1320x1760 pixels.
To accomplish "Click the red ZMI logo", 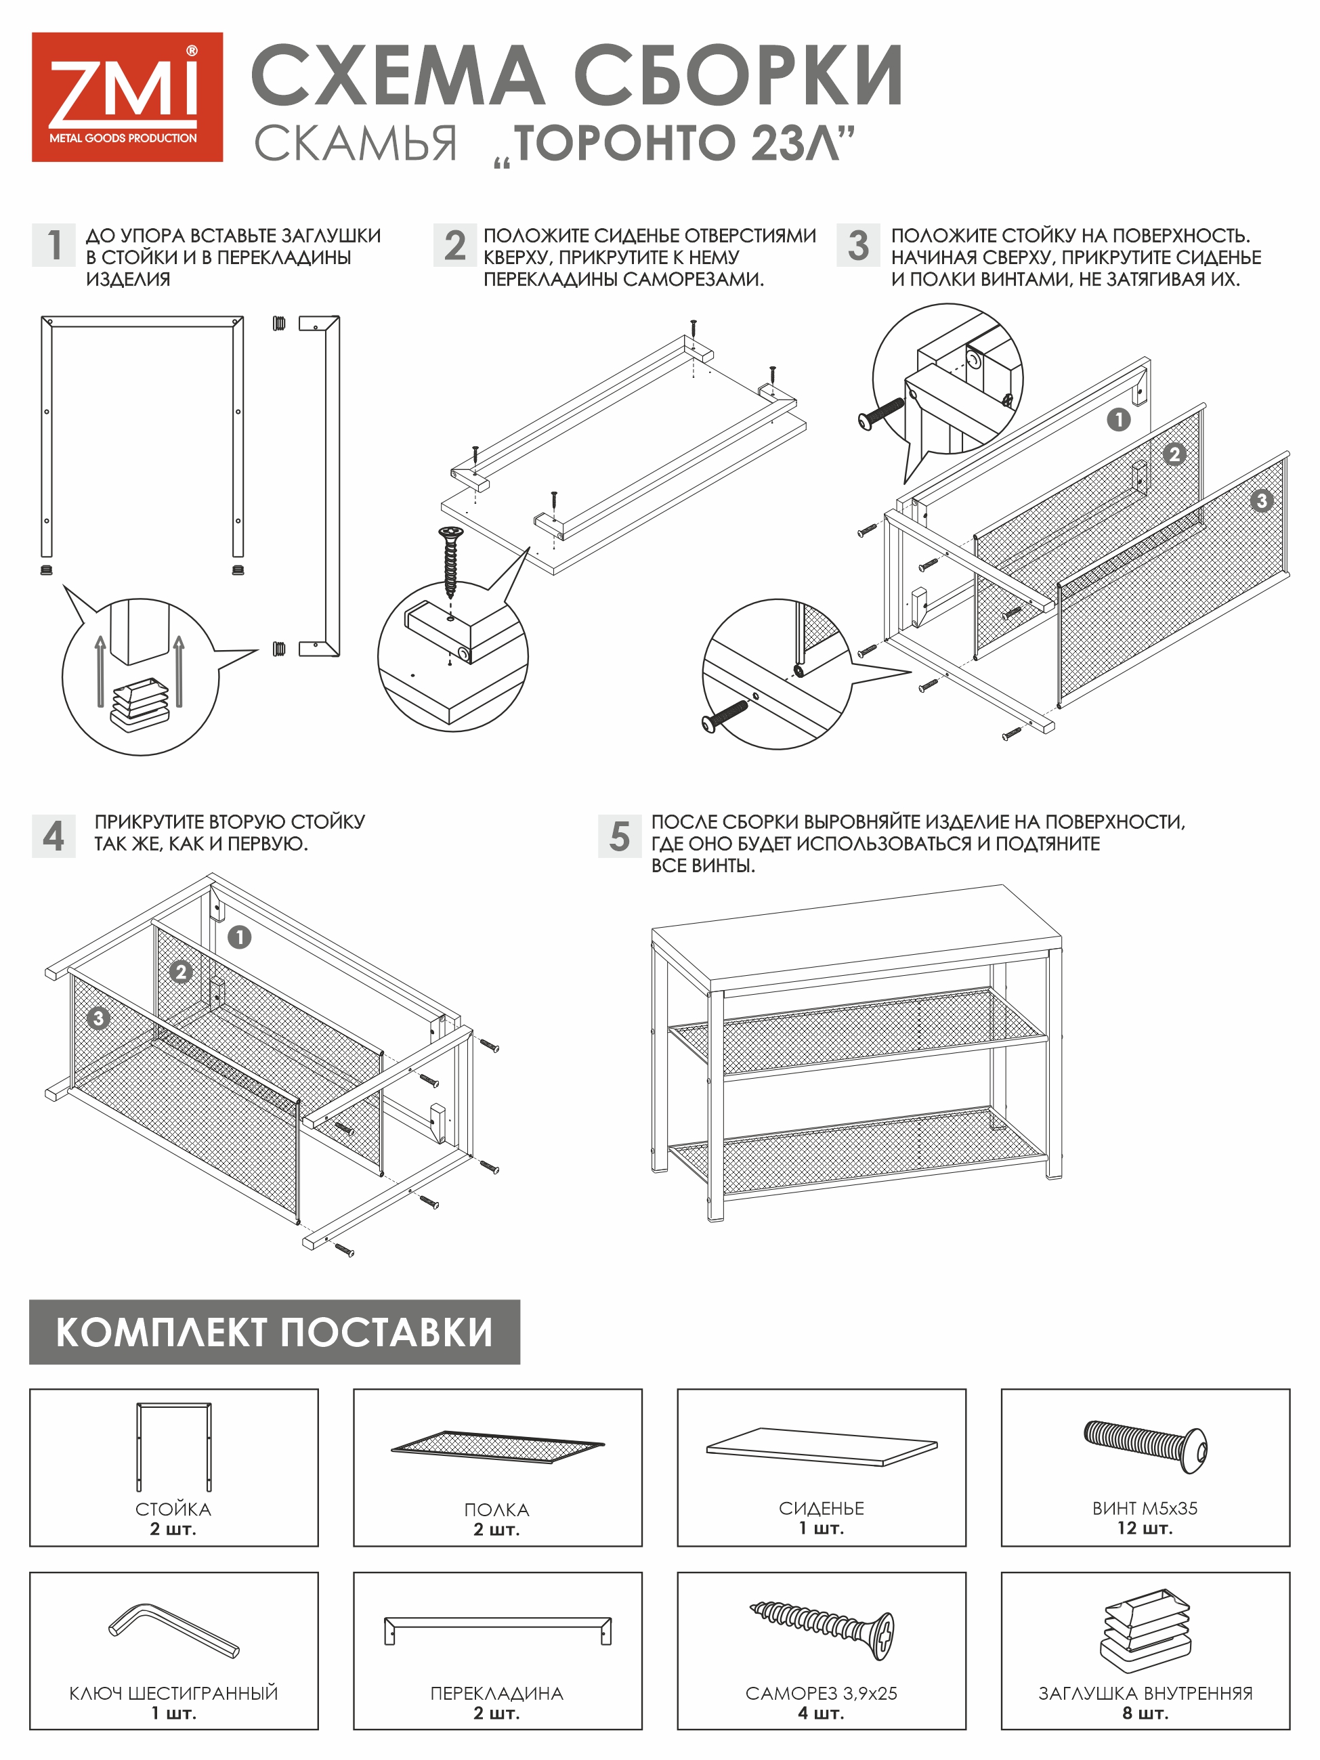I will point(127,97).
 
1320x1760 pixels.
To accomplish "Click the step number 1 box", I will point(54,244).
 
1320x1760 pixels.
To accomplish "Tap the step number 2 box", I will point(454,244).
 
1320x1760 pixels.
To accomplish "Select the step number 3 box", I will point(857,244).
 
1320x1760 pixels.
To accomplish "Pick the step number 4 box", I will point(54,836).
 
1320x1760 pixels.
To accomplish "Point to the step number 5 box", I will point(619,836).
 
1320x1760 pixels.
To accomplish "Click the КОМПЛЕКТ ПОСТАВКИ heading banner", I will point(274,1332).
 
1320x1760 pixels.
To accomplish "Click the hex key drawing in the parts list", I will point(174,1630).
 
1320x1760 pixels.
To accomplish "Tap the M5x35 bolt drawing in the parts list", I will point(1145,1446).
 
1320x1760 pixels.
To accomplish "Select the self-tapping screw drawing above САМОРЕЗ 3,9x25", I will point(823,1629).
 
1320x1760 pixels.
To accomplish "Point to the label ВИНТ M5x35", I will point(1144,1508).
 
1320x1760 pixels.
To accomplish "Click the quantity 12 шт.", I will point(1144,1528).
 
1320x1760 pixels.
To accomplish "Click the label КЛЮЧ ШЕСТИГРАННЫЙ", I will point(173,1692).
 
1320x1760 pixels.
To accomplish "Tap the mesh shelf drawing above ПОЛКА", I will point(497,1446).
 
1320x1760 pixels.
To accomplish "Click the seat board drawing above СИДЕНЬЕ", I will point(821,1446).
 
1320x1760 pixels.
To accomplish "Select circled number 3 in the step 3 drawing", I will point(1260,500).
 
